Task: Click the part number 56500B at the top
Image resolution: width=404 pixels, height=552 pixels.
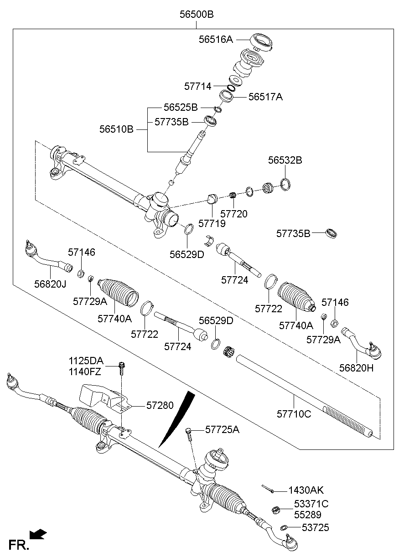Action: [x=196, y=14]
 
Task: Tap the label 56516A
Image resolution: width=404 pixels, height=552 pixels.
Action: [x=215, y=39]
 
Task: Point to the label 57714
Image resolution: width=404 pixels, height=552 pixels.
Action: [x=198, y=86]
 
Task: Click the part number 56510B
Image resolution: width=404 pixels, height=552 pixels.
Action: [x=116, y=129]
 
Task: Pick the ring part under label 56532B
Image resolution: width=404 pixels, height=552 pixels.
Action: [x=285, y=184]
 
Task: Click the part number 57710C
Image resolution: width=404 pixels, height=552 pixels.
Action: [x=294, y=414]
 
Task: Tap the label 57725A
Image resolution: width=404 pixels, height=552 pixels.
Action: [x=222, y=429]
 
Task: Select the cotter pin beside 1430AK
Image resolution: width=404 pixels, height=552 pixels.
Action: [x=268, y=489]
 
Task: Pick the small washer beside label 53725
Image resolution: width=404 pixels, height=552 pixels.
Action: [x=284, y=528]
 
